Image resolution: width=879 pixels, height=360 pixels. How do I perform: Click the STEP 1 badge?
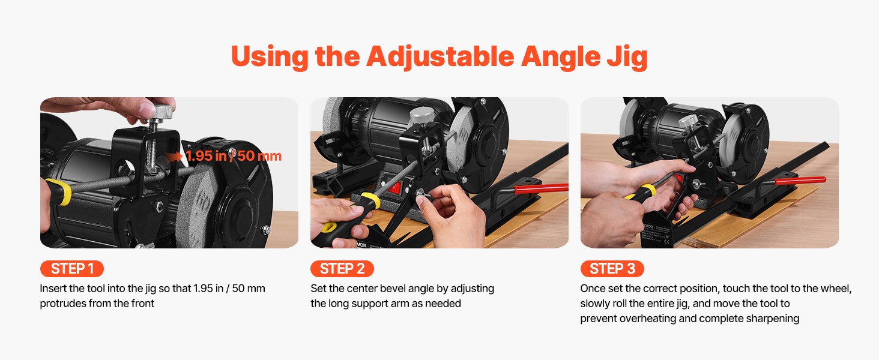pyautogui.click(x=72, y=269)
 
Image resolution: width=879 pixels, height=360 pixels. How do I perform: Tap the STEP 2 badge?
pyautogui.click(x=342, y=269)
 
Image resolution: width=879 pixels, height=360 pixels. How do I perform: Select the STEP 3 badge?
pyautogui.click(x=612, y=269)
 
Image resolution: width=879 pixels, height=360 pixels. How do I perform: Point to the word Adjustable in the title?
pyautogui.click(x=440, y=56)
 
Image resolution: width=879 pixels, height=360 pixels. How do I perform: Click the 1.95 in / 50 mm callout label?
pyautogui.click(x=234, y=156)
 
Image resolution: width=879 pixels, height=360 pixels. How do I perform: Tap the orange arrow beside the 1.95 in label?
pyautogui.click(x=174, y=157)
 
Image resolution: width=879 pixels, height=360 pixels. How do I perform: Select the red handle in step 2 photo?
pyautogui.click(x=541, y=188)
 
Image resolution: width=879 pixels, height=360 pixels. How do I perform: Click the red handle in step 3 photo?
pyautogui.click(x=800, y=181)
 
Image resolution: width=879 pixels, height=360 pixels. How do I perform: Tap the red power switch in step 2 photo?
pyautogui.click(x=394, y=188)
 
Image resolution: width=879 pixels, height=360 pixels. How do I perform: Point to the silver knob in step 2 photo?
pyautogui.click(x=421, y=115)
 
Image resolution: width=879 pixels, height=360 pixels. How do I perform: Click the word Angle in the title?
pyautogui.click(x=561, y=58)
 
